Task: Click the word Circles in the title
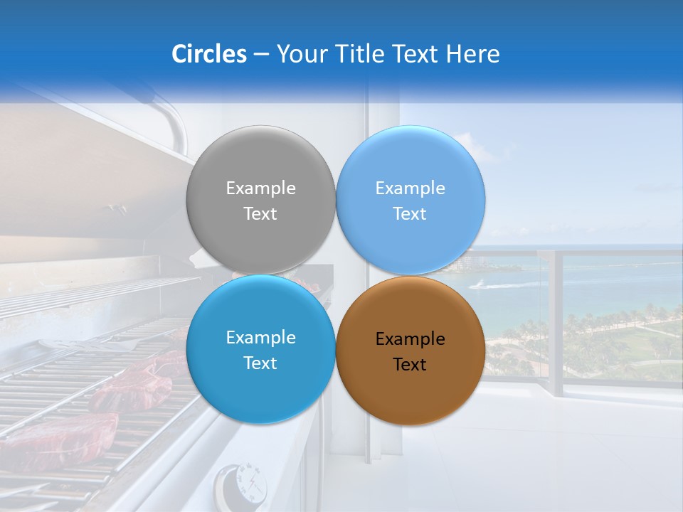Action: pyautogui.click(x=209, y=54)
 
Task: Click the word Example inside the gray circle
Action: pyautogui.click(x=260, y=188)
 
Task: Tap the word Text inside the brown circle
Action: pyautogui.click(x=410, y=365)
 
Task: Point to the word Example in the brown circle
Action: pyautogui.click(x=410, y=339)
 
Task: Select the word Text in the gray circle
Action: pyautogui.click(x=260, y=214)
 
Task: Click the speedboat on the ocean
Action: pyautogui.click(x=483, y=285)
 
